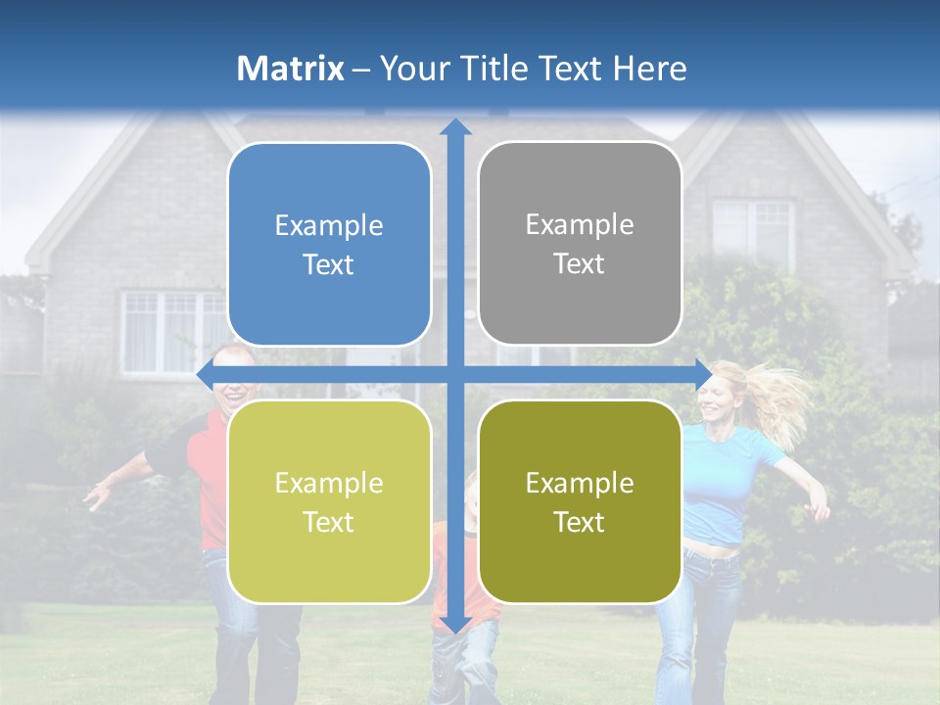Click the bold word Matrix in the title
(x=291, y=69)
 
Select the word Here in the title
(x=649, y=69)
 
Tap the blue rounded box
(x=329, y=245)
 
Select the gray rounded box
(x=580, y=244)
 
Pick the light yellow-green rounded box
(x=329, y=501)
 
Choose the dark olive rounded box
(x=580, y=501)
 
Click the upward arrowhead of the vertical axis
(x=455, y=127)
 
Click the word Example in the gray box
(x=580, y=225)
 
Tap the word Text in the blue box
(x=329, y=265)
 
